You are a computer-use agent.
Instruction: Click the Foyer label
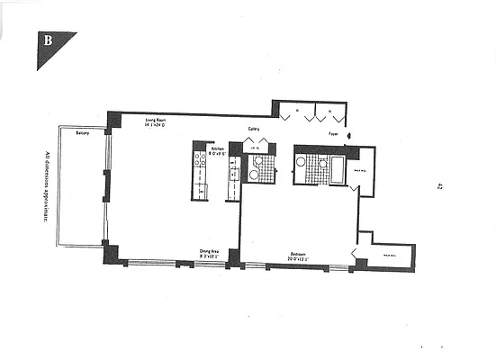tap(333, 131)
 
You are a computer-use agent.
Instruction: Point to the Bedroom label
tap(297, 254)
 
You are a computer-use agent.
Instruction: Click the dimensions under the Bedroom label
tap(297, 260)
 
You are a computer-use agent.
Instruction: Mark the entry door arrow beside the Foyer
tap(351, 138)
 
